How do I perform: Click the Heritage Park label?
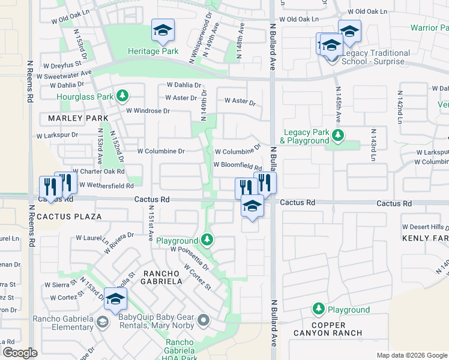(x=153, y=51)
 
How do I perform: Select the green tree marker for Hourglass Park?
(x=122, y=95)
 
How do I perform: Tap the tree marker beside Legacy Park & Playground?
(x=338, y=136)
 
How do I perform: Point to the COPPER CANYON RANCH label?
(x=328, y=328)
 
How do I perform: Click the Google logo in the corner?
(x=20, y=353)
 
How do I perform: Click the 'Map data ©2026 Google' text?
(x=411, y=355)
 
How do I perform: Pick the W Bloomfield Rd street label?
(x=238, y=166)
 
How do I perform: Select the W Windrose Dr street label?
(x=147, y=111)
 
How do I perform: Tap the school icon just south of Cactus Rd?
(x=253, y=207)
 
